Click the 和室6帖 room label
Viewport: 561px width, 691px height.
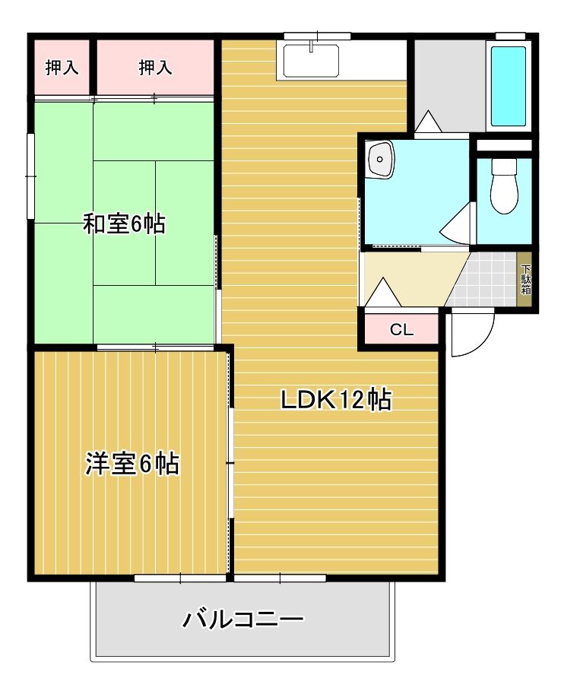click(124, 223)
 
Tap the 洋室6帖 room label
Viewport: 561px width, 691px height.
click(132, 463)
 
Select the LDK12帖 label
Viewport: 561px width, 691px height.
click(336, 400)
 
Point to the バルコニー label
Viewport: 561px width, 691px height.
click(243, 620)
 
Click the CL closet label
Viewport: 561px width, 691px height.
click(401, 329)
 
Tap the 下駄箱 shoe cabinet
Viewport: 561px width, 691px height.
click(525, 279)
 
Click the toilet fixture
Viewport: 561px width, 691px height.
click(504, 186)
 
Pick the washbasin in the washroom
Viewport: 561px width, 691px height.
click(380, 159)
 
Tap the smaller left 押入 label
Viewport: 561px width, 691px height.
click(62, 68)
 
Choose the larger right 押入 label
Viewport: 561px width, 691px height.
click(155, 68)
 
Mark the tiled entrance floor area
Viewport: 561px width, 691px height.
click(485, 278)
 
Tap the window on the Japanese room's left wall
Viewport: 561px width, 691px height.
click(31, 176)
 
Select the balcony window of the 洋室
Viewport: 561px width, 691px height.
click(180, 578)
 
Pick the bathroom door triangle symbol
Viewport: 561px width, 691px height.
click(428, 122)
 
